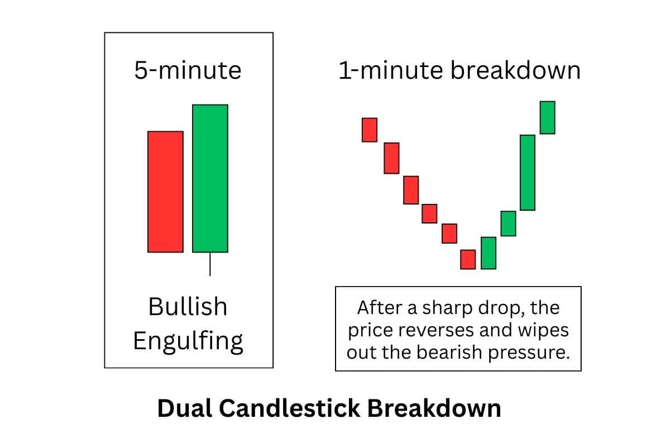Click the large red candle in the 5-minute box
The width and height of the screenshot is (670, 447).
pos(165,192)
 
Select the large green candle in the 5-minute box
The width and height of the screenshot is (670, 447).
pos(210,178)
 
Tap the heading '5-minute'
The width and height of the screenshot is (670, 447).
pos(188,71)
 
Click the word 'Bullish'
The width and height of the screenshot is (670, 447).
pos(188,307)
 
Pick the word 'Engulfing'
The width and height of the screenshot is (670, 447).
pos(188,340)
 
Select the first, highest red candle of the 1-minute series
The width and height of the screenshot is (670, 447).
pos(369,130)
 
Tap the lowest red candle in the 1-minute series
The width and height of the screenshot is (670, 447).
pos(468,259)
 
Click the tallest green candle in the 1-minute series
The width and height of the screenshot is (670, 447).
pos(528,172)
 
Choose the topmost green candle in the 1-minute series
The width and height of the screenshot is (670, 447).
pos(547,117)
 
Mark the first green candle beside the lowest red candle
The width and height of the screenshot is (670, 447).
pos(489,253)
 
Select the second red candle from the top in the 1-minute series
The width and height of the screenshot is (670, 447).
pos(391,158)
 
